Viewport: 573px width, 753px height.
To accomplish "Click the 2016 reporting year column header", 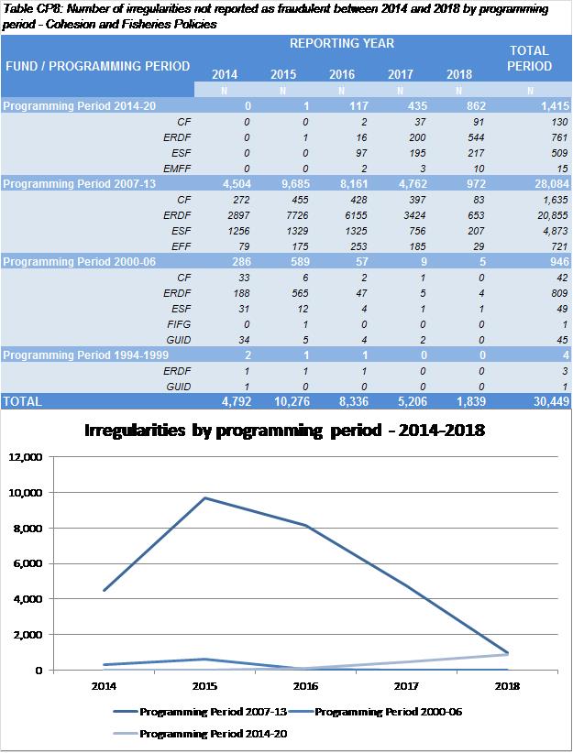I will click(341, 74).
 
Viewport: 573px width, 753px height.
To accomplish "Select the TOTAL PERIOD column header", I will click(530, 58).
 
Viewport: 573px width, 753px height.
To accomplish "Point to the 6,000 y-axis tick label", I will click(29, 563).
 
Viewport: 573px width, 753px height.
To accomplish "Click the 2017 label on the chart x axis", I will click(402, 684).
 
